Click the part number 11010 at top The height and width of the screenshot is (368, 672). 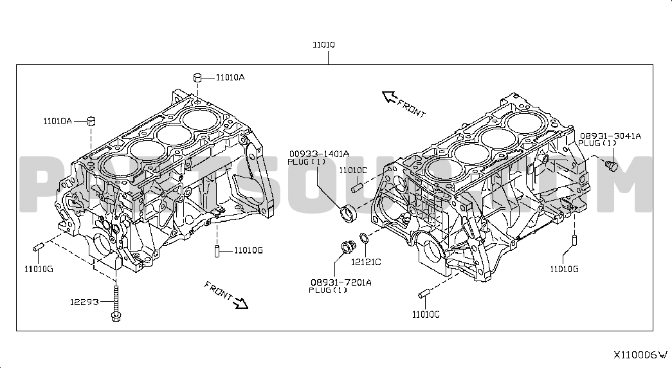click(x=323, y=44)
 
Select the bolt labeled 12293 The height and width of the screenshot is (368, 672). click(x=116, y=302)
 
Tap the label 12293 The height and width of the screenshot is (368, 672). click(x=84, y=302)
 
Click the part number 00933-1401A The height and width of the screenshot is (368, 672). click(x=319, y=154)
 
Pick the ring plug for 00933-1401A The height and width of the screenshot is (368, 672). click(x=347, y=214)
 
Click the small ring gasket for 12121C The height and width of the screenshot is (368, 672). click(x=363, y=237)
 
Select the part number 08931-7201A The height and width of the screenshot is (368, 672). click(x=341, y=282)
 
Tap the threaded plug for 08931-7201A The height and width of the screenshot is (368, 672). click(x=348, y=248)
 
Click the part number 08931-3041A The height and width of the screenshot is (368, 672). click(x=610, y=136)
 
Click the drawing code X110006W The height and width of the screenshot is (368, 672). click(x=640, y=355)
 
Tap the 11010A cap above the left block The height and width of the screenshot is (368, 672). click(x=197, y=78)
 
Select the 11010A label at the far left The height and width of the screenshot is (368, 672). click(x=57, y=122)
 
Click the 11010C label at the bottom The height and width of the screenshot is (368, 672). click(x=426, y=315)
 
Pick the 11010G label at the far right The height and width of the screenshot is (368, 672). click(x=564, y=270)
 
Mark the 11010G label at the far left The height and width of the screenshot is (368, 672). click(x=39, y=270)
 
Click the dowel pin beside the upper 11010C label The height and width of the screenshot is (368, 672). click(x=357, y=187)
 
